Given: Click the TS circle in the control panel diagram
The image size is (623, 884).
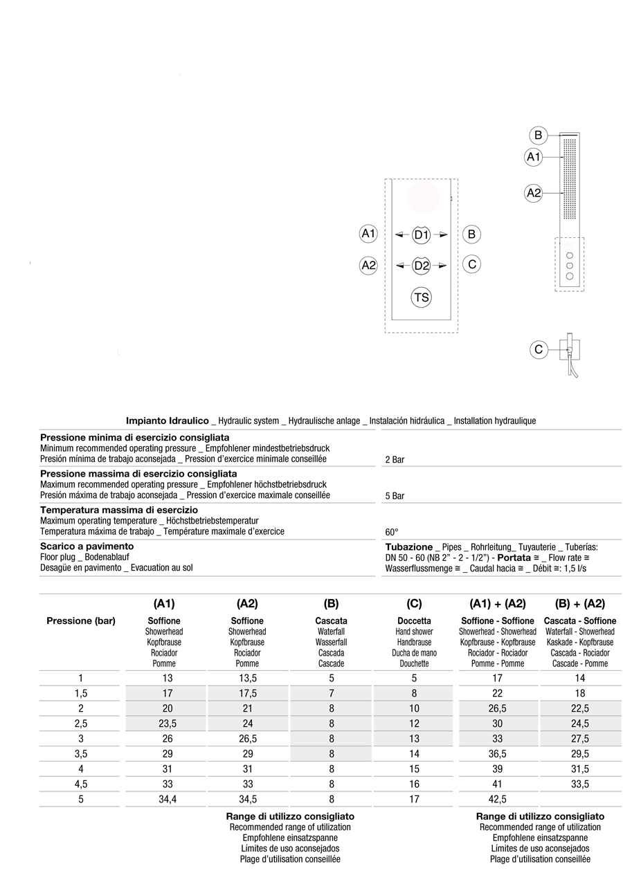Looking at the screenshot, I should tap(421, 298).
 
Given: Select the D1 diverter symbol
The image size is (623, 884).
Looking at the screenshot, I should tap(421, 235).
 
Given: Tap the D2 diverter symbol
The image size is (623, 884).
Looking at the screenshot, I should tap(421, 265).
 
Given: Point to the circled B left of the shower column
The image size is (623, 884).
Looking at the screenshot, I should tap(538, 135).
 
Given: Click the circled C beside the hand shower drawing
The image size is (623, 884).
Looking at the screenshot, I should tap(539, 350).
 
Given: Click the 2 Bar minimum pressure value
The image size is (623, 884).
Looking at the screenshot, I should tap(395, 460).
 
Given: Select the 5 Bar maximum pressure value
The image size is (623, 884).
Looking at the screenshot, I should tap(395, 496).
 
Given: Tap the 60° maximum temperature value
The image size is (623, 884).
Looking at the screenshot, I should tap(392, 532).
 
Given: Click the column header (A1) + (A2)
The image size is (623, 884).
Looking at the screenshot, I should tap(497, 604).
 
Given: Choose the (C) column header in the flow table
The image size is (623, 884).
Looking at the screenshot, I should tap(414, 604).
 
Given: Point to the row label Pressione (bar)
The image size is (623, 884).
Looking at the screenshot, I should tap(81, 620).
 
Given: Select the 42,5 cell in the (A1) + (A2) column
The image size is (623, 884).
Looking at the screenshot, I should tap(497, 799).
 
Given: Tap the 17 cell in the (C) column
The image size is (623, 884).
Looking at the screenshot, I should tap(414, 799).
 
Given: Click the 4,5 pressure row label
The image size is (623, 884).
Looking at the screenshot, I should tap(81, 784).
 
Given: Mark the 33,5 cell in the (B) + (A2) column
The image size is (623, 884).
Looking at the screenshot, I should tap(579, 784).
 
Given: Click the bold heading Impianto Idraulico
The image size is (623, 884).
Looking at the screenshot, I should tap(167, 421).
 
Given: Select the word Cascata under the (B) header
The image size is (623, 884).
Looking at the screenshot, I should tap(331, 621).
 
